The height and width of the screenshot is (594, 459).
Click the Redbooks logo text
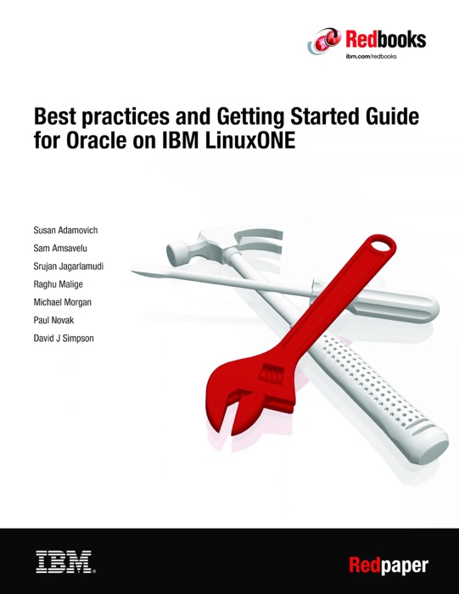pos(385,38)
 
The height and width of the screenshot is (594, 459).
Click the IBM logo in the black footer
pos(64,560)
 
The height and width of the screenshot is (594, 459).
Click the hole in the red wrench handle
pos(382,249)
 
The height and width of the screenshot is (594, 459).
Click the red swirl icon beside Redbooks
pos(326,38)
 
